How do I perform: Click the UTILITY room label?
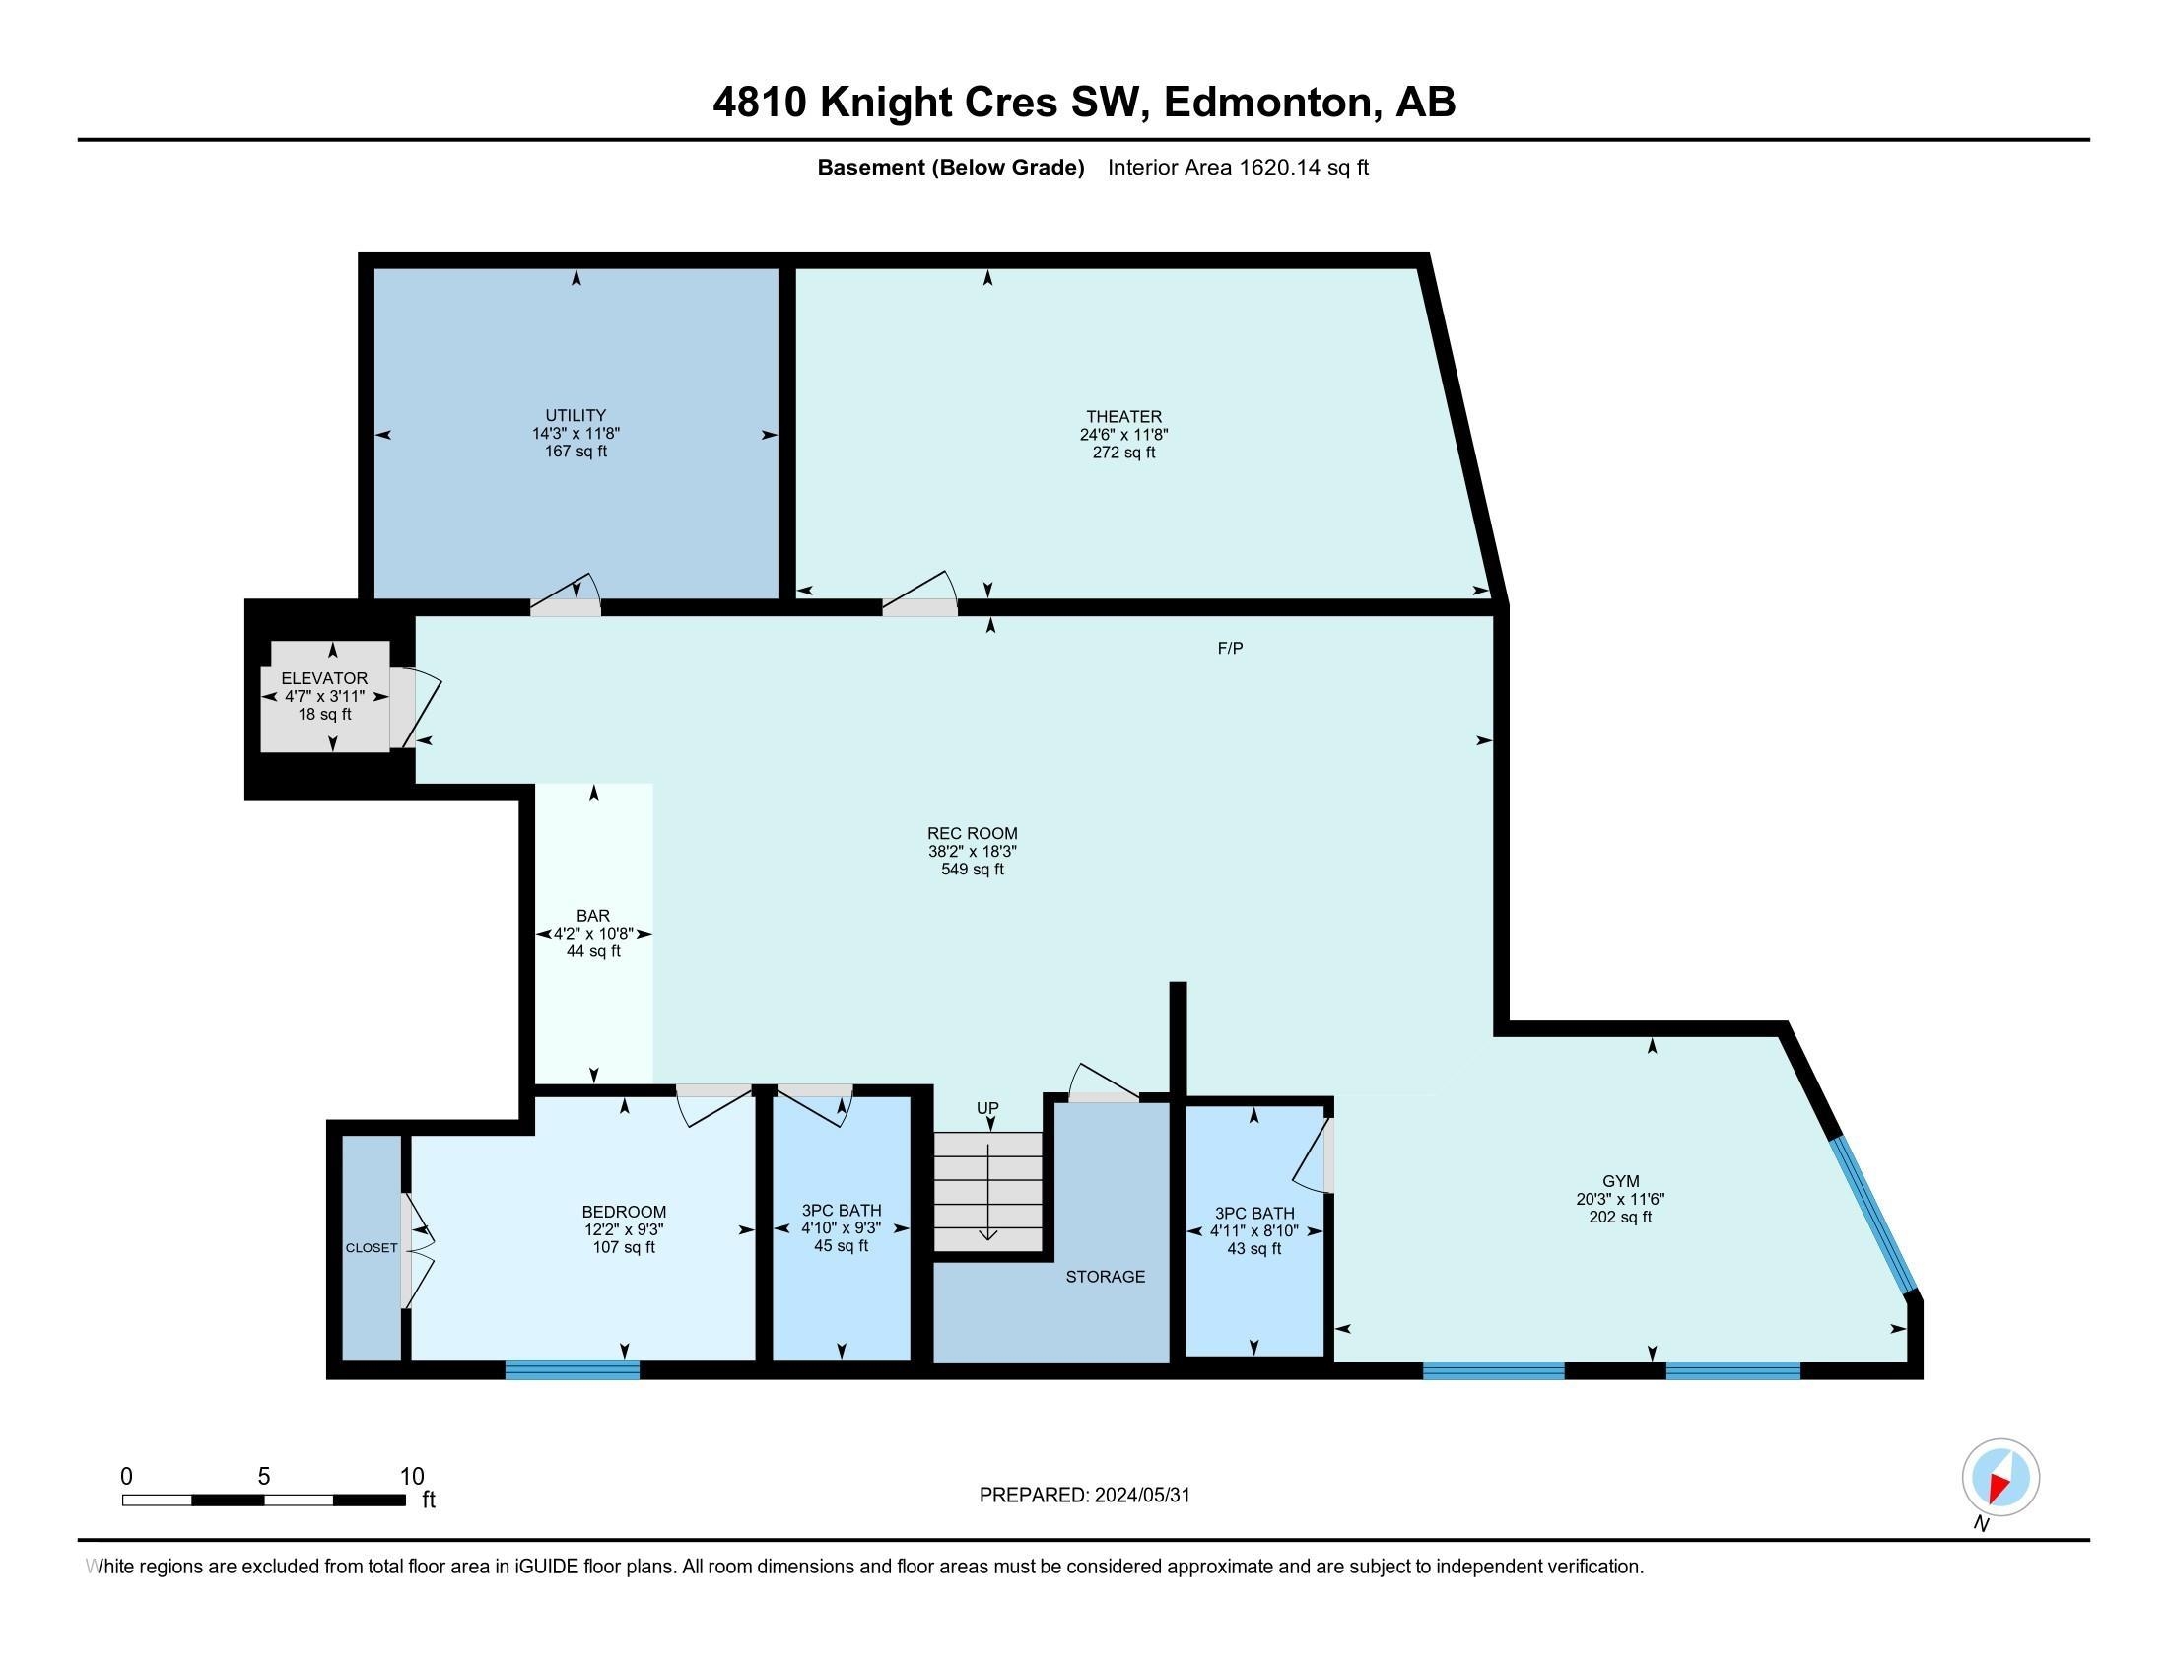coord(576,415)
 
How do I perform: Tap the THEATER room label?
coord(1123,416)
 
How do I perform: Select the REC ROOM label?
coord(972,833)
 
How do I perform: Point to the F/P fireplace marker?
coord(1230,648)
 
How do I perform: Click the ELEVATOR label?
coord(324,678)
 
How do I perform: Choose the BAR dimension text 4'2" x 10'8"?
coord(593,934)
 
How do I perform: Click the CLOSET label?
coord(372,1248)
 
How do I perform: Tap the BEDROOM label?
coord(624,1212)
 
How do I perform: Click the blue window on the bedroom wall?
coord(573,1369)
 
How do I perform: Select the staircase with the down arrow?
coord(988,1192)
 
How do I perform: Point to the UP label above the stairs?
coord(986,1108)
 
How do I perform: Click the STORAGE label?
coord(1105,1276)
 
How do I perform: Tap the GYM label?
coord(1620,1180)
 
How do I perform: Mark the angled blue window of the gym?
coord(1874,1216)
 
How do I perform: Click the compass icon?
coord(2000,1477)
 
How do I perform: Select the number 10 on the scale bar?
coord(412,1477)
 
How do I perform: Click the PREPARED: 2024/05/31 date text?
coord(1084,1495)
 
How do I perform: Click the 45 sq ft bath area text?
coord(841,1246)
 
